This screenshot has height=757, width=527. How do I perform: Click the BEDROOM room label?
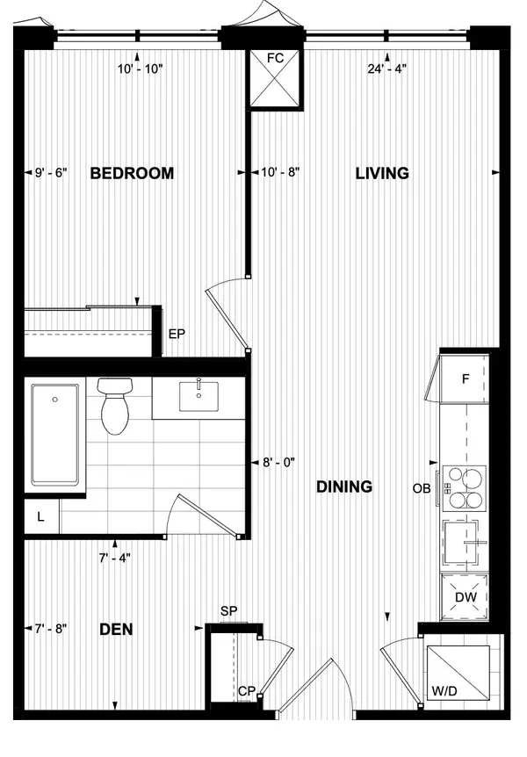pos(133,173)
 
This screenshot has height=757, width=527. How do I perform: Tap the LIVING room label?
pos(382,173)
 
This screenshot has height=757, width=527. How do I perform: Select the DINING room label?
pos(344,486)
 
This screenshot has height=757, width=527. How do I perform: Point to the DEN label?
pos(117,629)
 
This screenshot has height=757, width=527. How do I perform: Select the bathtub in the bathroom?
pos(55,434)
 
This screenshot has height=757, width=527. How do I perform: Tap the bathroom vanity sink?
pos(199,396)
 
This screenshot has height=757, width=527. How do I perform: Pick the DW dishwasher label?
pos(465,598)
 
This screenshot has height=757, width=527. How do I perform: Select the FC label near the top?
pos(275,58)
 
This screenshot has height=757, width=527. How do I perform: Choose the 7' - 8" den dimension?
pos(51,629)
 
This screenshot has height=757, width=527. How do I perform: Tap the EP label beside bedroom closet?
pos(177,334)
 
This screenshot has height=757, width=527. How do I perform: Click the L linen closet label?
pos(40,517)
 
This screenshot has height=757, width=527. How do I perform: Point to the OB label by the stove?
pos(422,488)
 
